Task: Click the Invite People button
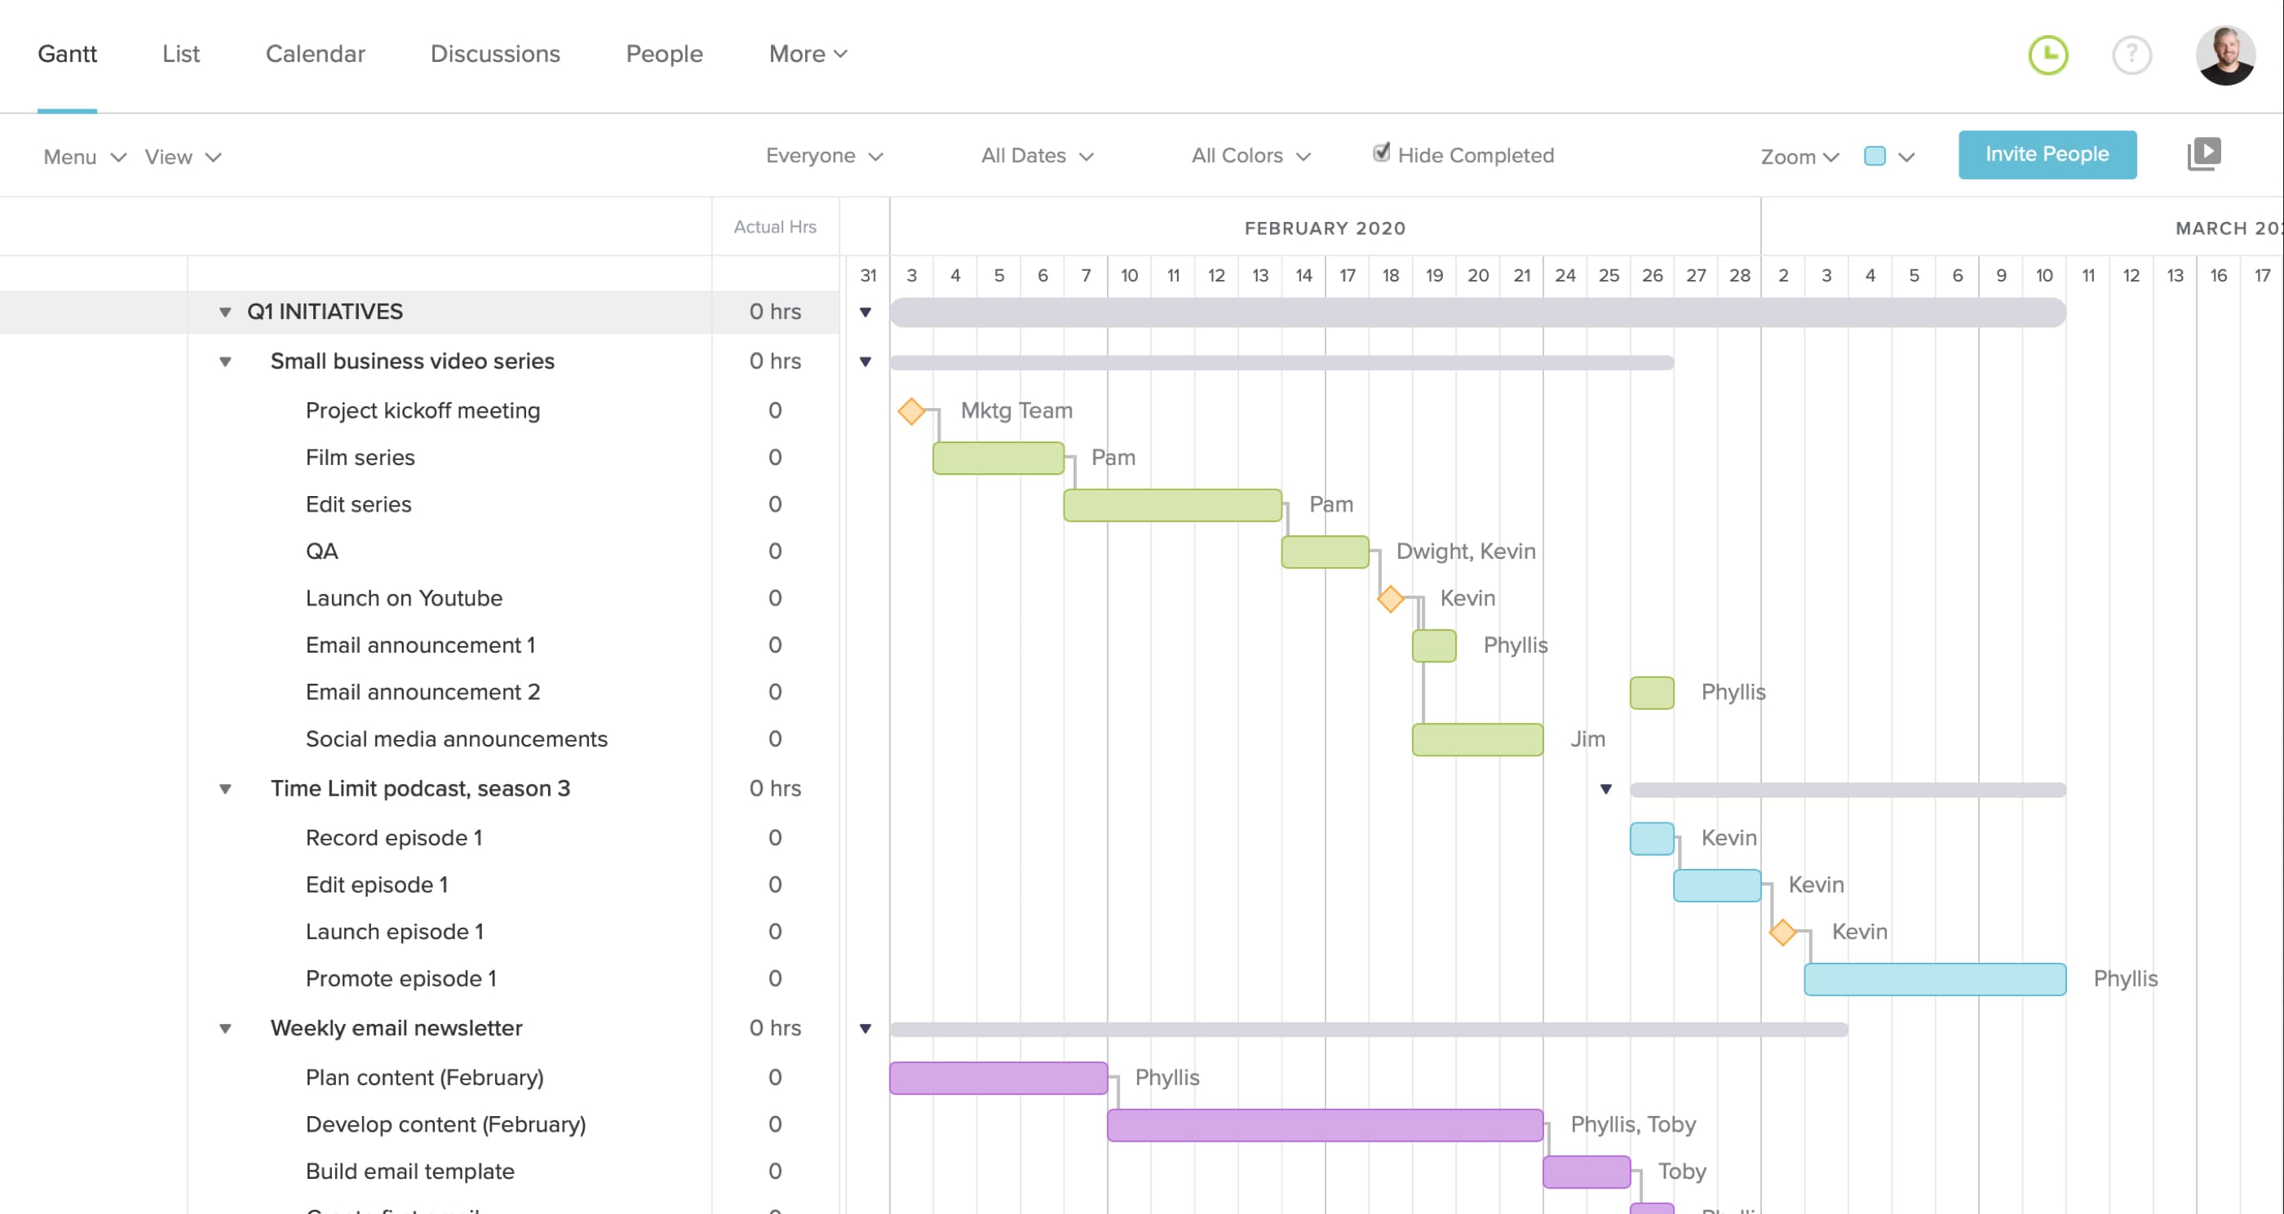coord(2047,154)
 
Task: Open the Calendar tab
coord(315,54)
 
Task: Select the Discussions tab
coord(495,54)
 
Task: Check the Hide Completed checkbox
coord(1380,153)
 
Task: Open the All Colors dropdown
coord(1250,156)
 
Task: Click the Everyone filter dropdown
coord(824,156)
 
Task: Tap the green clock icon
coord(2047,55)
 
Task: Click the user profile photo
coord(2224,55)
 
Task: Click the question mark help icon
coord(2131,55)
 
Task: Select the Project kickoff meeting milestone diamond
coord(910,411)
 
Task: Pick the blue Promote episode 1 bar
coord(1934,979)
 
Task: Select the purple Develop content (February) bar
coord(1324,1125)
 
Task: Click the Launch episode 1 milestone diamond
coord(1782,933)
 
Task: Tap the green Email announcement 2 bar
coord(1651,693)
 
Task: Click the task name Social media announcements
coord(456,739)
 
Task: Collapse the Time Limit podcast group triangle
coord(225,789)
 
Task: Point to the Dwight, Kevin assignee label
coord(1465,552)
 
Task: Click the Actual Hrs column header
coord(774,227)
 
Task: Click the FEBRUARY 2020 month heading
coord(1324,228)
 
